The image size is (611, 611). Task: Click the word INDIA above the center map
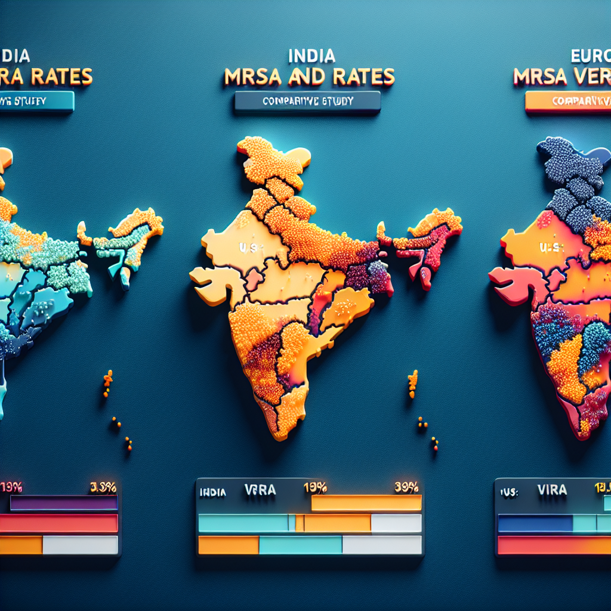click(311, 57)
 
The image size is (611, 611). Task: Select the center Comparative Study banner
click(307, 101)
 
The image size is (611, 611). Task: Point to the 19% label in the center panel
click(314, 487)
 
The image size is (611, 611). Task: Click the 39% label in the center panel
click(406, 487)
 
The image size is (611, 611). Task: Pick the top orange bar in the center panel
click(366, 504)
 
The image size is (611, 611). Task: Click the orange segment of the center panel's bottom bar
click(228, 545)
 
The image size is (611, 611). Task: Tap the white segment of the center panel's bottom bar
click(382, 545)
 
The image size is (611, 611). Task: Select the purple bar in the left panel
click(64, 504)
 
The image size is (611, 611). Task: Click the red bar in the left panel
click(58, 523)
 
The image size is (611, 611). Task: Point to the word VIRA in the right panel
click(553, 490)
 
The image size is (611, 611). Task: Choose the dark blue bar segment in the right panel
click(535, 523)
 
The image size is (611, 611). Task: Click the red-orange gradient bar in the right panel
click(554, 545)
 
